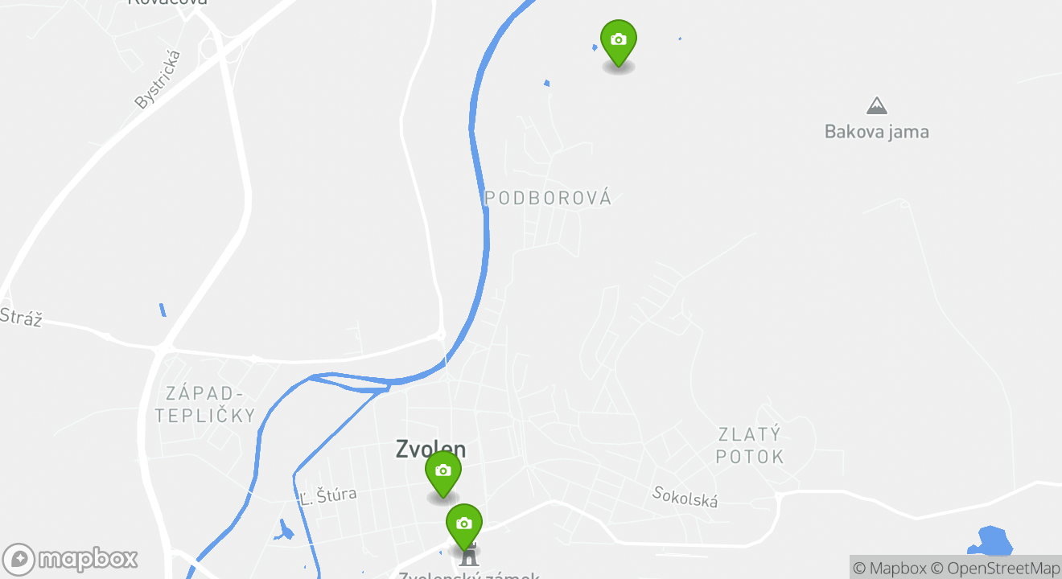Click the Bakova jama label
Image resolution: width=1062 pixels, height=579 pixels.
[876, 131]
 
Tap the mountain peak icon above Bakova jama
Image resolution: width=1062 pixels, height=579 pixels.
[876, 105]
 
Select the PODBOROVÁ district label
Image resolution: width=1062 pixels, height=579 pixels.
[548, 198]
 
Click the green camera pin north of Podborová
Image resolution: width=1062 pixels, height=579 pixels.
[618, 41]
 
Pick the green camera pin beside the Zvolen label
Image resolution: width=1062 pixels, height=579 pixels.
[442, 472]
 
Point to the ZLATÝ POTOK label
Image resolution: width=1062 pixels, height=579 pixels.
[750, 446]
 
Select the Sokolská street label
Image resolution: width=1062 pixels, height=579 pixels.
[685, 497]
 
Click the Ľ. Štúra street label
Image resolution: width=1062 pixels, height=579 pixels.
[327, 495]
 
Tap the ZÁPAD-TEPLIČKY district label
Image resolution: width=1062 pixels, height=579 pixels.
[205, 404]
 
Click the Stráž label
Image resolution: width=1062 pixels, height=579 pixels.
[19, 317]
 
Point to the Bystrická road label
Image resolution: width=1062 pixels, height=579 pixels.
[158, 79]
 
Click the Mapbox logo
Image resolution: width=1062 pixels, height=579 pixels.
[71, 559]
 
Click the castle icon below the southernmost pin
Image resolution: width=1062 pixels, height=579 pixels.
[468, 556]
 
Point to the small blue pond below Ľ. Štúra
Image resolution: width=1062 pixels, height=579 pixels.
[283, 531]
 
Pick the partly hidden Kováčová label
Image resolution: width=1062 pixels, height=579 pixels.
[167, 2]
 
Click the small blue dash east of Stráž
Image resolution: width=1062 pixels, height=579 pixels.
[163, 310]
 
